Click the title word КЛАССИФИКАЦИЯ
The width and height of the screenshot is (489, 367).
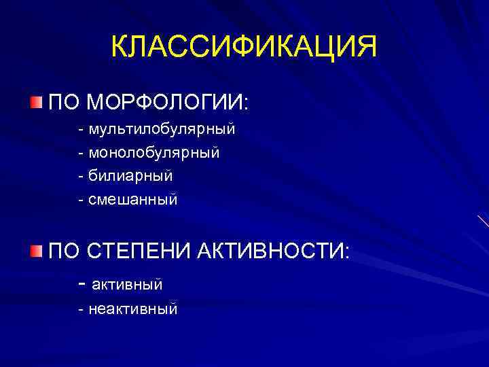pos(244,48)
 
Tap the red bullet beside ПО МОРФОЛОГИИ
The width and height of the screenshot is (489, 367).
pos(35,103)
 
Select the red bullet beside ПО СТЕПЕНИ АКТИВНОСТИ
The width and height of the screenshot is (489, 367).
pos(35,252)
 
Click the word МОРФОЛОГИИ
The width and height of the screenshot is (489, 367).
pos(168,103)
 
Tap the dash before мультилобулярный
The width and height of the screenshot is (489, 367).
pos(81,128)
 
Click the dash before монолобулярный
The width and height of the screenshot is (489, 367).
pos(81,152)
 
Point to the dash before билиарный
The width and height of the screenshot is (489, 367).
pos(81,176)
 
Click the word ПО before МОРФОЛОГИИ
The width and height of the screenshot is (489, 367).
pos(65,103)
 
